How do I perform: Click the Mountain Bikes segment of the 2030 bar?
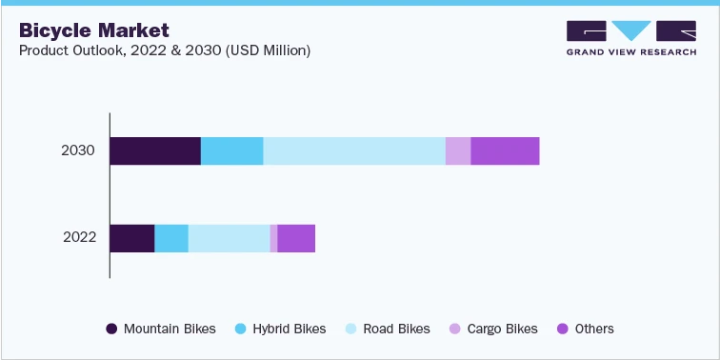[155, 150]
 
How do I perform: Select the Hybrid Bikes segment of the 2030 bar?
[231, 150]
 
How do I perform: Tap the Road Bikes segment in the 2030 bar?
[354, 150]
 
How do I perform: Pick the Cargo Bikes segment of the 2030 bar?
[458, 150]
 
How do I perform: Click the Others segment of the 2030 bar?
[505, 150]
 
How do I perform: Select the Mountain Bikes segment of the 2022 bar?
[132, 238]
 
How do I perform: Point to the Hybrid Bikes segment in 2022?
[171, 238]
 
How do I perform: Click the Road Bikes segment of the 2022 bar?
[230, 238]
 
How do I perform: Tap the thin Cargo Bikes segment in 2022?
[274, 238]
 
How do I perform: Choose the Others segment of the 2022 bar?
[296, 238]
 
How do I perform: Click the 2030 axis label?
[78, 150]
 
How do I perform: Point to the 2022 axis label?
[78, 238]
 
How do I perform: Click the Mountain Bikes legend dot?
[111, 329]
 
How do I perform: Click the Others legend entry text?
[594, 329]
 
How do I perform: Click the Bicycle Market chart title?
[94, 30]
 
